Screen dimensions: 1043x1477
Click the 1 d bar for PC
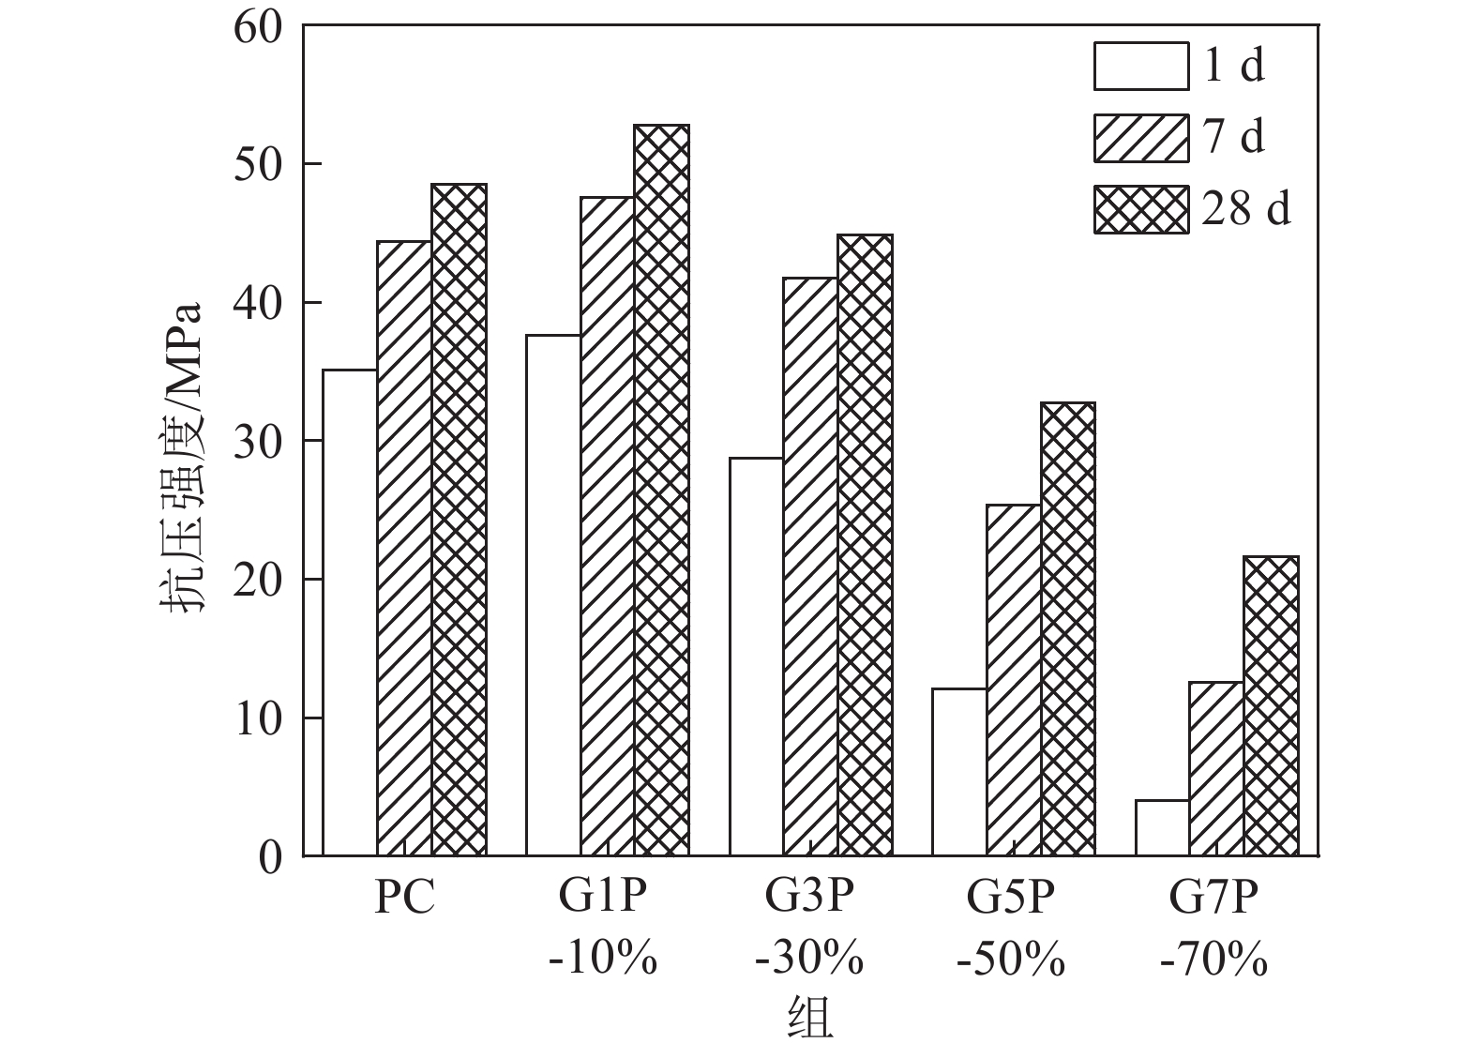tap(350, 612)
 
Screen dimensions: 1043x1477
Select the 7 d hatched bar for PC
tap(404, 549)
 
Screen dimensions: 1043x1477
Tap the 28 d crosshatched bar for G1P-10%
tap(661, 490)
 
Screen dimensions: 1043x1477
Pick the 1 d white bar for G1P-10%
tap(553, 595)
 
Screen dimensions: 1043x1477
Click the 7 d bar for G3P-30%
tap(810, 567)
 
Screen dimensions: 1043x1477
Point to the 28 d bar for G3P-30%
tap(865, 545)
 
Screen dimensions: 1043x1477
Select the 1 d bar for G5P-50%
tap(958, 772)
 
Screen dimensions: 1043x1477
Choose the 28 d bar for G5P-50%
tap(1067, 628)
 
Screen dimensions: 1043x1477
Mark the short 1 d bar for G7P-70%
tap(1162, 827)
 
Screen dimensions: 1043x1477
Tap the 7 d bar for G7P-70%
tap(1216, 768)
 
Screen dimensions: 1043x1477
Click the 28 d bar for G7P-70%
tap(1271, 705)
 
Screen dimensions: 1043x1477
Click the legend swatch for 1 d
tap(1140, 66)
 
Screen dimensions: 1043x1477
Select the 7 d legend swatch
tap(1140, 137)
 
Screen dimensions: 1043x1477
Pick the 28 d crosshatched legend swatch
tap(1140, 208)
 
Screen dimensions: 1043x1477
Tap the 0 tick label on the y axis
tap(270, 857)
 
